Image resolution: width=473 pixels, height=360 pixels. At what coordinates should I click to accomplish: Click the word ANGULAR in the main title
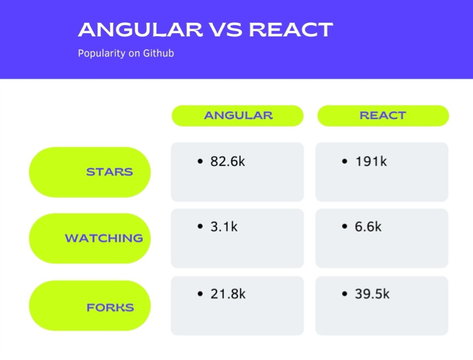tap(141, 30)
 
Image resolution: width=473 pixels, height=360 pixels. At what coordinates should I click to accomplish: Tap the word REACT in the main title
tap(291, 30)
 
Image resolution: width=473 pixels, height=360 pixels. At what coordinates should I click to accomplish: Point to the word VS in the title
tap(225, 30)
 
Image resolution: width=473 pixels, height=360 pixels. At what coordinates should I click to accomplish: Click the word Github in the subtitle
tap(158, 53)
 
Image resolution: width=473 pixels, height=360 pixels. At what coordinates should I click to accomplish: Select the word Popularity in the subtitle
tap(102, 53)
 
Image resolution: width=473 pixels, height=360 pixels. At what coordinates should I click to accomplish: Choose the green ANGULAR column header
tap(237, 116)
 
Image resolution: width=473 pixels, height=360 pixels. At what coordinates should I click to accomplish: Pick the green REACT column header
tap(383, 116)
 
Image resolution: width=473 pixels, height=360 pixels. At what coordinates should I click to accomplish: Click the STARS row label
tap(90, 172)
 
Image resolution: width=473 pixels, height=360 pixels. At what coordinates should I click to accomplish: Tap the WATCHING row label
tap(90, 238)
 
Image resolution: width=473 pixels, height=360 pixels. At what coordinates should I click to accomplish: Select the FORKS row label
tap(90, 305)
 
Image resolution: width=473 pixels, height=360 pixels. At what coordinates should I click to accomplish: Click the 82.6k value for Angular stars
tap(228, 161)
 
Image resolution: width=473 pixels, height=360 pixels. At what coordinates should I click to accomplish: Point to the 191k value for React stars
tap(371, 161)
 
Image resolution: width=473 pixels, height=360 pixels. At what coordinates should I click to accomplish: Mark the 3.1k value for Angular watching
tap(224, 226)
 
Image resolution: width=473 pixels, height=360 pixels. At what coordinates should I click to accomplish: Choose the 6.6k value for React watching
tap(368, 226)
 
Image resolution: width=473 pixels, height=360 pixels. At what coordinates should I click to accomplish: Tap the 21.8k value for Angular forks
tap(228, 294)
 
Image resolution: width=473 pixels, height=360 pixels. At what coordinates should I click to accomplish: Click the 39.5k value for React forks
tap(372, 294)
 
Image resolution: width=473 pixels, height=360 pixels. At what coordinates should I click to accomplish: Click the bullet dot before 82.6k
tap(200, 161)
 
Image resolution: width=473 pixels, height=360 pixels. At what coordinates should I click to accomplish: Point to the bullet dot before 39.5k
tap(344, 293)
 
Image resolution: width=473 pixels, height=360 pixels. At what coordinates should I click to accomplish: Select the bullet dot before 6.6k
tap(344, 226)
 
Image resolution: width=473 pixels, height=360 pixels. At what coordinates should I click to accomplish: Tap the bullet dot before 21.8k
tap(200, 293)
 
